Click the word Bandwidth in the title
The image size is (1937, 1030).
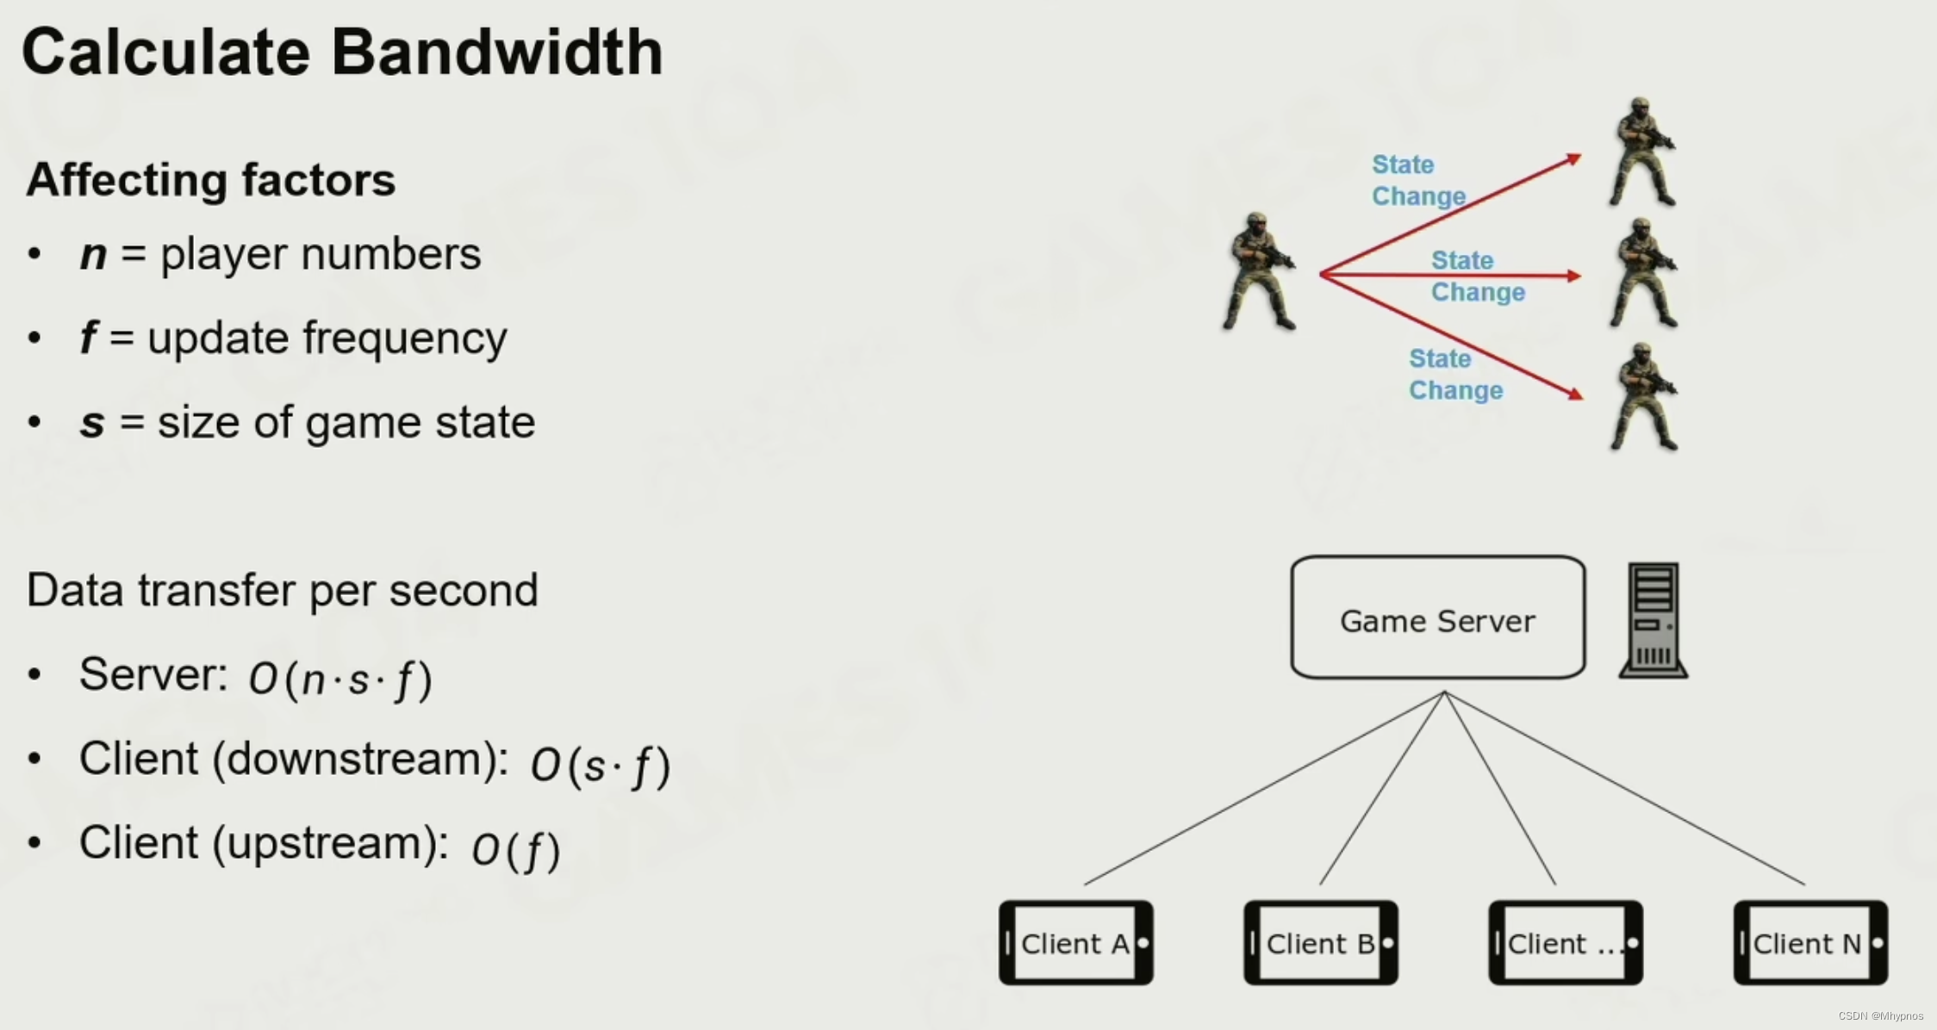[x=497, y=53]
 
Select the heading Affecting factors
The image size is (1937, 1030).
[x=211, y=180]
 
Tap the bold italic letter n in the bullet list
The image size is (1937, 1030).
[x=93, y=255]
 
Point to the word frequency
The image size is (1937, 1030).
[x=404, y=338]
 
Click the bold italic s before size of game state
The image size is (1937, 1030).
[x=92, y=423]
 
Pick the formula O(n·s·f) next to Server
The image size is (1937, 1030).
[x=340, y=679]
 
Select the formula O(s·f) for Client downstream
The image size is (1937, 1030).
[x=600, y=765]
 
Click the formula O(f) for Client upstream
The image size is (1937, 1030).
[x=515, y=849]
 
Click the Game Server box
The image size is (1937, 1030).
[x=1437, y=617]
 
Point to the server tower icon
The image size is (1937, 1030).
[x=1653, y=620]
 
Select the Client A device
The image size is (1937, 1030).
[x=1075, y=943]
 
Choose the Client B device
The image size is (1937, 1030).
[x=1320, y=943]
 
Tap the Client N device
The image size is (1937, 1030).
[x=1809, y=943]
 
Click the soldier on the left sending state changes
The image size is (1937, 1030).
[x=1257, y=271]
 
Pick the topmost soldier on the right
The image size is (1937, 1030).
[x=1642, y=152]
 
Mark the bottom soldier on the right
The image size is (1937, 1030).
[x=1644, y=397]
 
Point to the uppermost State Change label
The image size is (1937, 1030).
[x=1417, y=180]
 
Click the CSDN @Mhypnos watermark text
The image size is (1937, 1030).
[x=1880, y=1016]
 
